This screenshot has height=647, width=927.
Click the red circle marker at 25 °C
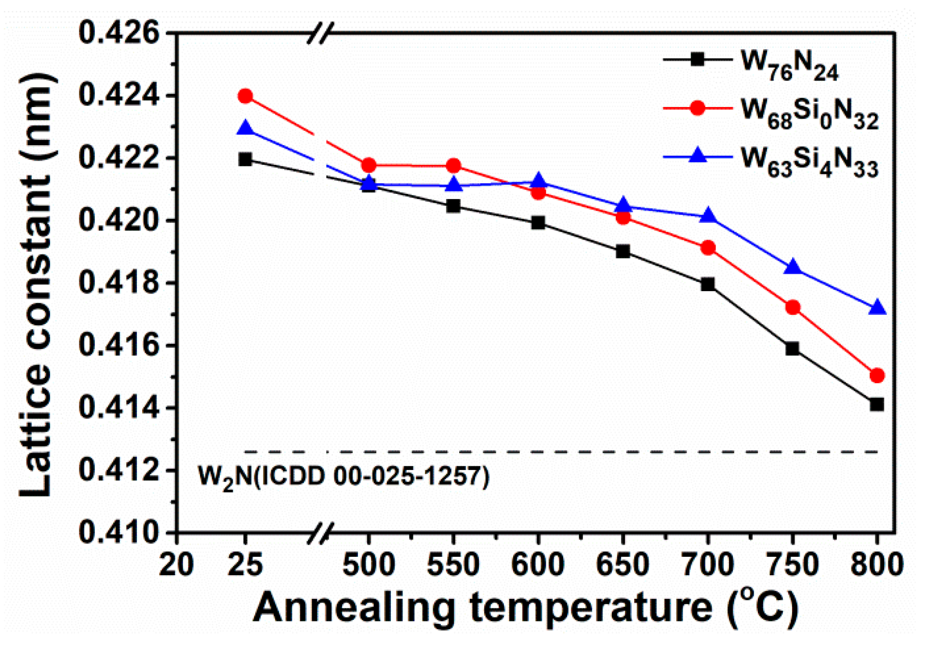point(245,96)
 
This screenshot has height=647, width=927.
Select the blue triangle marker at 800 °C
point(877,308)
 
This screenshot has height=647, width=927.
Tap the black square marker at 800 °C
point(877,404)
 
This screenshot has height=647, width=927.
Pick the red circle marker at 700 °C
point(708,248)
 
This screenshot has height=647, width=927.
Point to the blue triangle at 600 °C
point(539,182)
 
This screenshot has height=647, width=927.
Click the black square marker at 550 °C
point(453,206)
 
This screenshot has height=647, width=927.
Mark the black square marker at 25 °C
point(245,160)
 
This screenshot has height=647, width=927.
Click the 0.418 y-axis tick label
point(119,283)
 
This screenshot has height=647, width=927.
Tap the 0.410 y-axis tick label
point(119,532)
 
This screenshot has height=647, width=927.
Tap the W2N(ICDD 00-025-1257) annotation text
point(344,477)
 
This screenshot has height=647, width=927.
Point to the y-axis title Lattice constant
point(36,284)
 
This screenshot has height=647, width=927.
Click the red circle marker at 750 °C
point(793,308)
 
